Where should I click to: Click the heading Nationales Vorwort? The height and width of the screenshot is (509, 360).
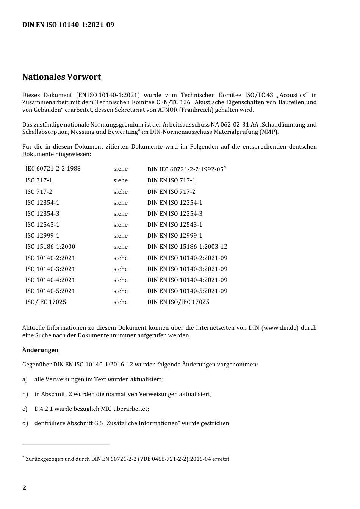coord(61,77)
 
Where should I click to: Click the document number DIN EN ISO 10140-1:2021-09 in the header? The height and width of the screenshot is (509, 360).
coord(68,25)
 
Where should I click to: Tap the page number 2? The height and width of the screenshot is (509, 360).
coord(24,488)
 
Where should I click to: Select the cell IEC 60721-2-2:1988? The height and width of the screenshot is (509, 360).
coord(53,169)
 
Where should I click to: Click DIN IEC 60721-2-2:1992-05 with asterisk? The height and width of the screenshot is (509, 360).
coord(186,169)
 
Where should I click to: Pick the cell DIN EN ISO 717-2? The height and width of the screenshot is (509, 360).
coord(171,192)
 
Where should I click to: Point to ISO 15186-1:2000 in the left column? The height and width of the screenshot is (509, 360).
coord(50,247)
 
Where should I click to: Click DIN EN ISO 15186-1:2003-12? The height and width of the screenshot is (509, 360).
coord(187,247)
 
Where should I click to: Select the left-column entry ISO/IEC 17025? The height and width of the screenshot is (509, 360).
coord(45,302)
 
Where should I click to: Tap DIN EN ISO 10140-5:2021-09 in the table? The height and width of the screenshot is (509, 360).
coord(187,291)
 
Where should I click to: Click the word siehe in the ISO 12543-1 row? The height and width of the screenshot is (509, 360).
coord(121,225)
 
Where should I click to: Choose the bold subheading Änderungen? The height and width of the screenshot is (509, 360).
coord(40,350)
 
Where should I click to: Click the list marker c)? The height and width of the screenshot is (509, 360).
coord(25,409)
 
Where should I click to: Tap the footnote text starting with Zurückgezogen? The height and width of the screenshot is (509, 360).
coord(128,459)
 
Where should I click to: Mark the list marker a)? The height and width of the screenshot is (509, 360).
coord(25,379)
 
